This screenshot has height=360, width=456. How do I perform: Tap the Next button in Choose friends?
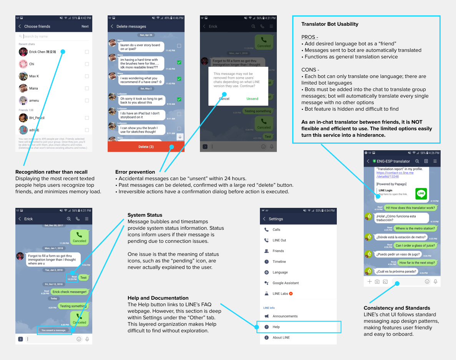(85, 27)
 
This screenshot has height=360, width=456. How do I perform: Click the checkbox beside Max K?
(87, 76)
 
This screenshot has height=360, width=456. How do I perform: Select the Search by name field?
(54, 36)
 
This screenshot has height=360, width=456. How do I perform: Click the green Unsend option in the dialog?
(252, 99)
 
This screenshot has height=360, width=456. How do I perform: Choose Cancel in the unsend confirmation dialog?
(224, 99)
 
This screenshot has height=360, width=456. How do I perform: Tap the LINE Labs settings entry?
(280, 294)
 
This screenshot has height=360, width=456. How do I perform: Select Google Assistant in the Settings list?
(285, 283)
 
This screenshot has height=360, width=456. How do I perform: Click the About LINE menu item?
(281, 338)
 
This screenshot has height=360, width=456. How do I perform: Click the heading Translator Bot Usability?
(330, 24)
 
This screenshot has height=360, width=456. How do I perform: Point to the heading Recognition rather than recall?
(51, 172)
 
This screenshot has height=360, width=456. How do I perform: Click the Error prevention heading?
(135, 172)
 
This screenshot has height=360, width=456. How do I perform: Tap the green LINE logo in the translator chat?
(421, 194)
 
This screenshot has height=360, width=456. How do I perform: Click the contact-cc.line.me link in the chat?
(394, 175)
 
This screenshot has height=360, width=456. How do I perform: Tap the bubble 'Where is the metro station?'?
(415, 229)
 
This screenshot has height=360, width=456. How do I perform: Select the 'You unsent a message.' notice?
(54, 330)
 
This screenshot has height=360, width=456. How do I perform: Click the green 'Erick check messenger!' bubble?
(70, 292)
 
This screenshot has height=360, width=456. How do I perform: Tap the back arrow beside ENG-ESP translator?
(368, 161)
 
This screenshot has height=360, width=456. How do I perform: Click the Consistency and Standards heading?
(397, 308)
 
